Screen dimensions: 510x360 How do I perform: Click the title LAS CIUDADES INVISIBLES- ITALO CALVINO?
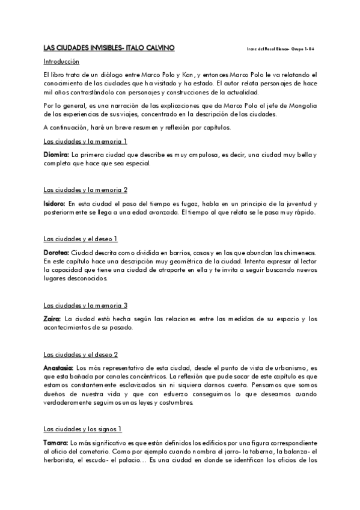click(110, 48)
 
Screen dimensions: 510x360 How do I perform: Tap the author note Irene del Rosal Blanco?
click(268, 48)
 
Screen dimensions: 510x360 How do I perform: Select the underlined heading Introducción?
click(61, 61)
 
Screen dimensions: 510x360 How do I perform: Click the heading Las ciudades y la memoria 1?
click(85, 141)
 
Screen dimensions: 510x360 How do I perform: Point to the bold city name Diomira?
click(56, 155)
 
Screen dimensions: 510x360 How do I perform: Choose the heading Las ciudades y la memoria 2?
click(85, 190)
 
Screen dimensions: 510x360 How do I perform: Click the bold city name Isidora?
click(54, 204)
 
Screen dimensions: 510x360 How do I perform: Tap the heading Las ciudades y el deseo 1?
click(81, 239)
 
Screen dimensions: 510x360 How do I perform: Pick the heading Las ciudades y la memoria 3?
click(85, 305)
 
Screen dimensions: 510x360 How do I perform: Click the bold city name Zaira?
click(52, 319)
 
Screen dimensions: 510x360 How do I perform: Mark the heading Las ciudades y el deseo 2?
click(81, 354)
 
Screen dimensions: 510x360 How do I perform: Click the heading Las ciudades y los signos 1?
click(83, 429)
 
